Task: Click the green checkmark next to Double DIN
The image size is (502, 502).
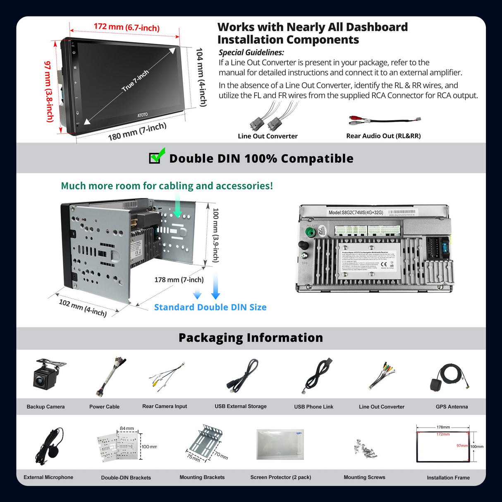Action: tap(157, 155)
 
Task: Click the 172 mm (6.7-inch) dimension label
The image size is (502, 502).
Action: tap(127, 27)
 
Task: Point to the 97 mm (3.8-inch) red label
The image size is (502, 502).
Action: tap(49, 91)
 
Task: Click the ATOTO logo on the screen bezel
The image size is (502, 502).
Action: tap(142, 115)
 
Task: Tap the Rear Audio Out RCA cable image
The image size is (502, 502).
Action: tap(384, 120)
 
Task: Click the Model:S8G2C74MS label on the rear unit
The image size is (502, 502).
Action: tap(356, 213)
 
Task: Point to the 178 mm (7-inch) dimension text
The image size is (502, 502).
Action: tap(179, 280)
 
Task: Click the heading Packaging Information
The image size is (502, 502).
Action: tap(251, 338)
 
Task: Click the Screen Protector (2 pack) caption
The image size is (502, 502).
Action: tap(280, 477)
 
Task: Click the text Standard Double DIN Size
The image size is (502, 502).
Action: tap(210, 307)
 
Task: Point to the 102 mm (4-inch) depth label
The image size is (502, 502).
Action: tap(83, 308)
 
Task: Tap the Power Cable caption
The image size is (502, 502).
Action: tap(104, 406)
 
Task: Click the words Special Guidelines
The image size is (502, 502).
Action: tap(251, 53)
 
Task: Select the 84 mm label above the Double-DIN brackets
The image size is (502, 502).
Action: tap(127, 428)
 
